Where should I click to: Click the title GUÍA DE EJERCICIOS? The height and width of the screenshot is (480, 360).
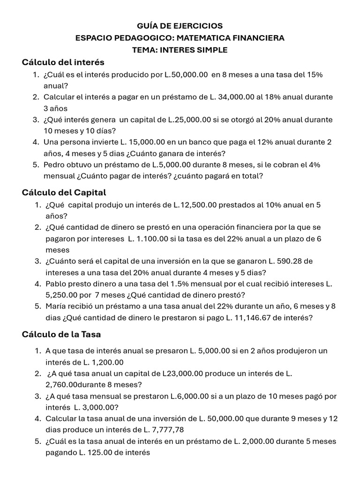click(x=180, y=26)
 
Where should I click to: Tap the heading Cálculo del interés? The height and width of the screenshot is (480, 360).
click(x=63, y=62)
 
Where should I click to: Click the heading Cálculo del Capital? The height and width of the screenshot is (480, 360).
click(x=64, y=192)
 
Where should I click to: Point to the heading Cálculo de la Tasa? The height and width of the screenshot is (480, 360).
click(x=61, y=334)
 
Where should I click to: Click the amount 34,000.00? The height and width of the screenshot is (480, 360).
click(x=234, y=97)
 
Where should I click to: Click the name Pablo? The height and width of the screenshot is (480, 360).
click(x=56, y=284)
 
